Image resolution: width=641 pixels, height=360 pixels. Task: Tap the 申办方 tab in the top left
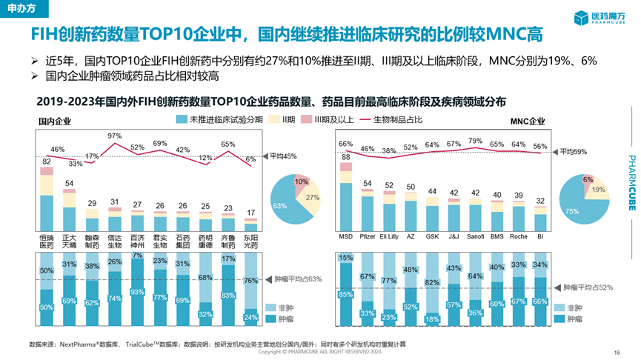pyautogui.click(x=19, y=8)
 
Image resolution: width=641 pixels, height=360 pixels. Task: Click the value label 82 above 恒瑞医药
pyautogui.click(x=46, y=161)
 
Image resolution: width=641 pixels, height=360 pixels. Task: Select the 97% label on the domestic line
pyautogui.click(x=114, y=136)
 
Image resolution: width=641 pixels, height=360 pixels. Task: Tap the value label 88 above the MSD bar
pyautogui.click(x=345, y=156)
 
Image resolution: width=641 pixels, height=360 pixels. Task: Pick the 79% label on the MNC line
pyautogui.click(x=475, y=140)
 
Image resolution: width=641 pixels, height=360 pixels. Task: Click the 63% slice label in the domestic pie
pyautogui.click(x=279, y=205)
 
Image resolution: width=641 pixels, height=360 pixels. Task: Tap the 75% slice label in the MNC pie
pyautogui.click(x=571, y=210)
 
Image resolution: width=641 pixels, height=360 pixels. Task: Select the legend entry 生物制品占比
pyautogui.click(x=396, y=119)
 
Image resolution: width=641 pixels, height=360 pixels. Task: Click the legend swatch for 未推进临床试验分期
pyautogui.click(x=182, y=119)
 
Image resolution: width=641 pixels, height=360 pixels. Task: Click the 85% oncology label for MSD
pyautogui.click(x=345, y=294)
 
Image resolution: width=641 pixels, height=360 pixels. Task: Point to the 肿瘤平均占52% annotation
pyautogui.click(x=590, y=286)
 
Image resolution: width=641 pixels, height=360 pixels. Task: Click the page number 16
pyautogui.click(x=617, y=352)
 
